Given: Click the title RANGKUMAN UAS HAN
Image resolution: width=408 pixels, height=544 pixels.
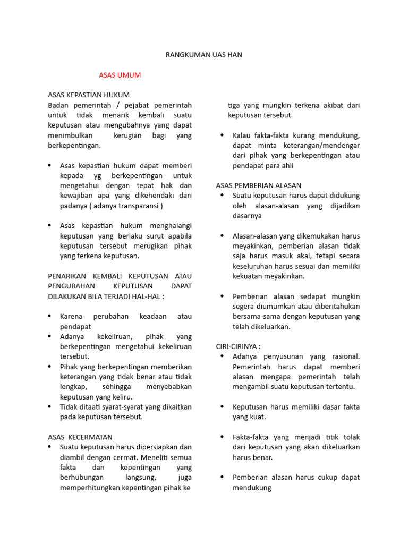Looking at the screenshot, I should click(x=204, y=55).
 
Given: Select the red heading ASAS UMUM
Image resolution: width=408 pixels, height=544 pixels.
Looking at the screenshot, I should click(x=120, y=75).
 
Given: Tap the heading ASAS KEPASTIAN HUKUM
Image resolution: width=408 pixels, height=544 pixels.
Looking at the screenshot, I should click(x=89, y=95).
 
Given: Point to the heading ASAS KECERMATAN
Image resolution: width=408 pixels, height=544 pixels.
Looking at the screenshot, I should click(x=80, y=437).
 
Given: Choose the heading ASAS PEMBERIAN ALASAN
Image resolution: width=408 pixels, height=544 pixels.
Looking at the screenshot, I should click(x=259, y=185).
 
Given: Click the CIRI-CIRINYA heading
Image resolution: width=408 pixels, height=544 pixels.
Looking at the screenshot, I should click(x=239, y=346).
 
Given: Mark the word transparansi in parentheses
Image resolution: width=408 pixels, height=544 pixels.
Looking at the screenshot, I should click(x=138, y=206).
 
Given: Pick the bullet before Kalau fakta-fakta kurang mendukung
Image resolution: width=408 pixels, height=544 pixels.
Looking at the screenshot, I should click(x=222, y=135).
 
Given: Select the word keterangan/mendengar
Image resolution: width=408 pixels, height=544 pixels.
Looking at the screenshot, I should click(x=324, y=146).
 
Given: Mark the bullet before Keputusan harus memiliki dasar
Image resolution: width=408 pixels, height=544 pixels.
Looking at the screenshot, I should click(x=222, y=407).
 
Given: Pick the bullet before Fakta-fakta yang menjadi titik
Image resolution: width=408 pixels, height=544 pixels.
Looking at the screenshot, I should click(x=222, y=437).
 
